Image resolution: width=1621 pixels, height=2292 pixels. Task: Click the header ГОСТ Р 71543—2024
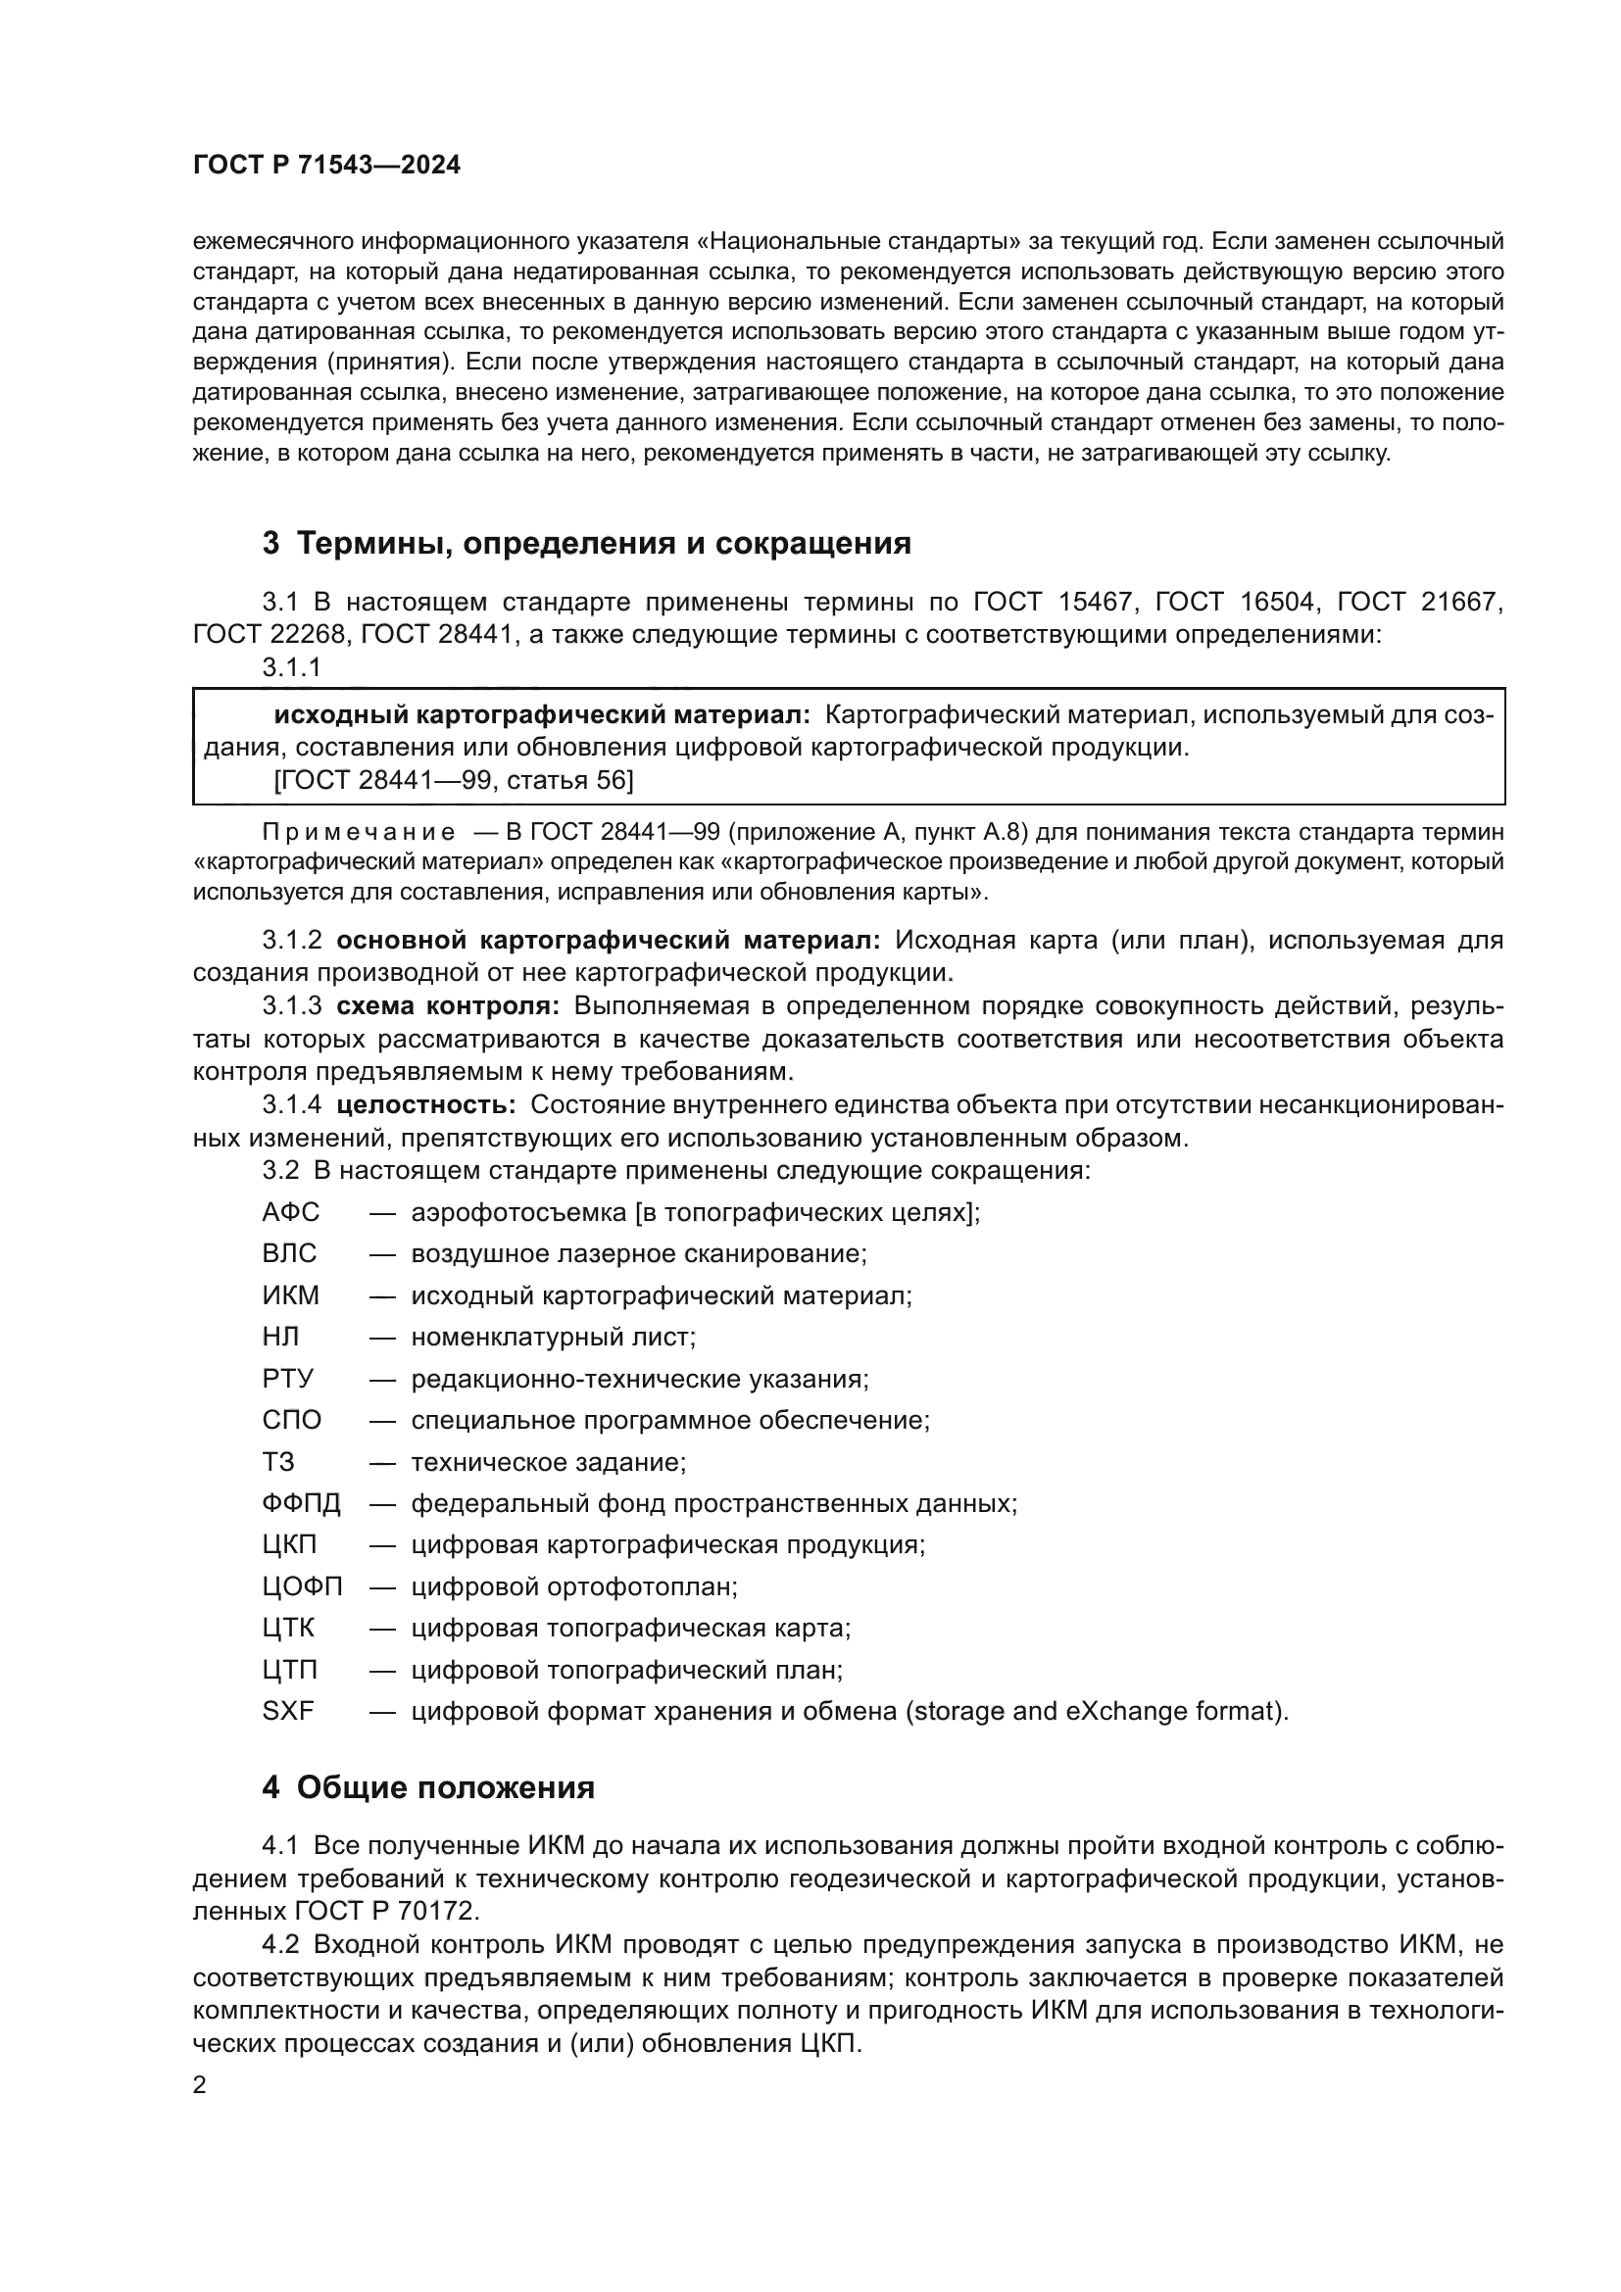tap(326, 166)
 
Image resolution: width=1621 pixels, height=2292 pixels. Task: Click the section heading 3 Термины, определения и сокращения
tap(587, 543)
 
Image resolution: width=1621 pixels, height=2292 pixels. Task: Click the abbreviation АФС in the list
tap(290, 1212)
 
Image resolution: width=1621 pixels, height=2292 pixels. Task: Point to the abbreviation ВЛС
tap(289, 1254)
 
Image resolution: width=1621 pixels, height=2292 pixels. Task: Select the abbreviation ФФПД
tap(302, 1503)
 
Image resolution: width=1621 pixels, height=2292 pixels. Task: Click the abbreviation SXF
tap(288, 1711)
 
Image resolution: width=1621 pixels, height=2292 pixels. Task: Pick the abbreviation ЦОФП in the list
tap(303, 1586)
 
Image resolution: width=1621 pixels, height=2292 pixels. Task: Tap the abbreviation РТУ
tap(288, 1379)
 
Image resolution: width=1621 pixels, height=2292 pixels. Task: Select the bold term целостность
tap(426, 1105)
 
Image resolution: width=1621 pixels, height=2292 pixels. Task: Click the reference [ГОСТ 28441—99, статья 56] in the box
tap(453, 780)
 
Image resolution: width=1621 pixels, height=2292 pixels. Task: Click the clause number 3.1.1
tap(291, 668)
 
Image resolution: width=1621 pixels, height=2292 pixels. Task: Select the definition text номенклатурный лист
tap(553, 1337)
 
